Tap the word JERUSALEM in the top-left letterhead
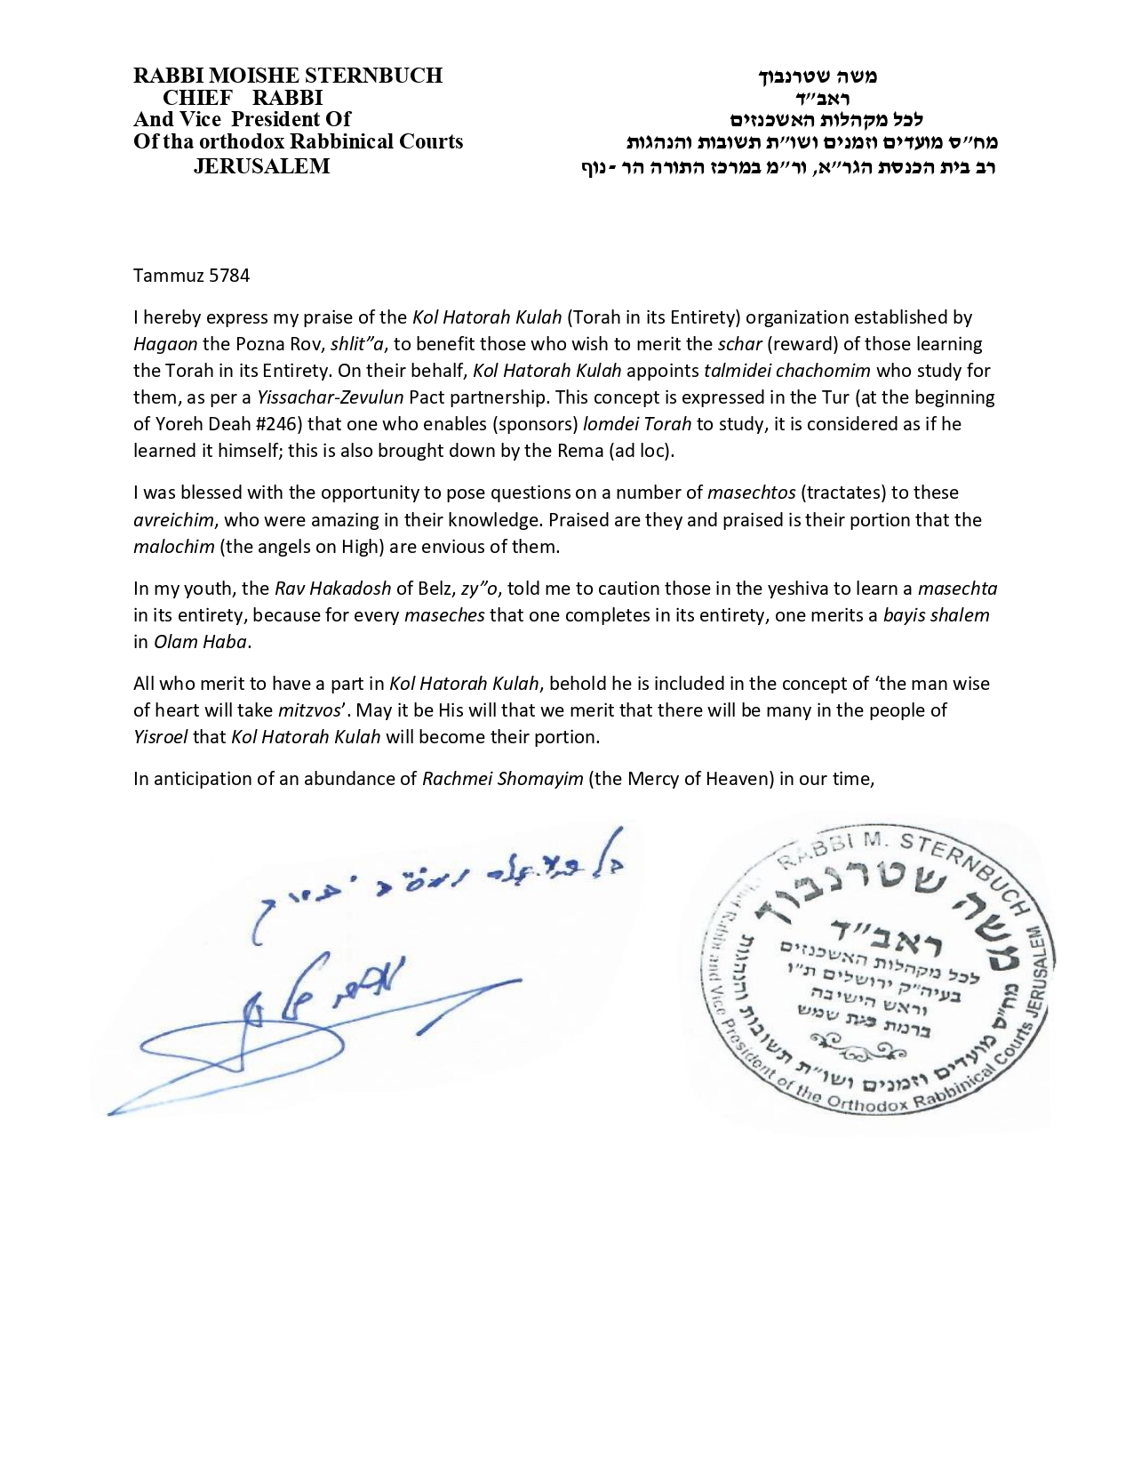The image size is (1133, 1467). click(261, 166)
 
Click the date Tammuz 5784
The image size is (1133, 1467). click(191, 275)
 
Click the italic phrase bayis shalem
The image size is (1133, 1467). click(936, 614)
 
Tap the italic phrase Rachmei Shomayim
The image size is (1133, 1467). click(502, 779)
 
